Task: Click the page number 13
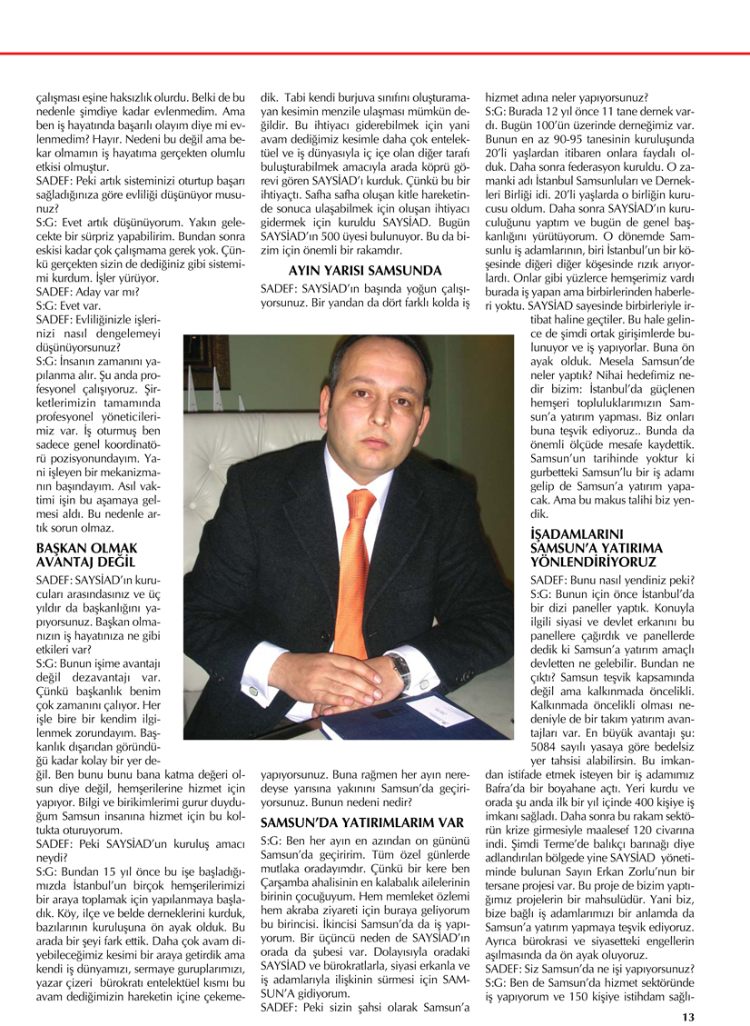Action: (x=688, y=1016)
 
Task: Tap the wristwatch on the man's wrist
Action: (x=399, y=670)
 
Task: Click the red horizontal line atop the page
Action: (x=375, y=55)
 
